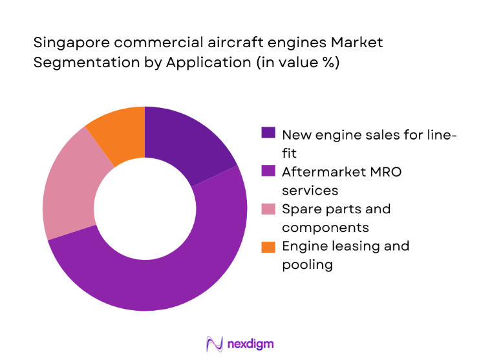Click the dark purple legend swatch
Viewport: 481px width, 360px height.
pyautogui.click(x=268, y=133)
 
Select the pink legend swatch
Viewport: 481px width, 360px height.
pyautogui.click(x=268, y=209)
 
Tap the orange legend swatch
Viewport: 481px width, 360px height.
pyautogui.click(x=268, y=246)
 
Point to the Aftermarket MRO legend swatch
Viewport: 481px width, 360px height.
pyautogui.click(x=268, y=171)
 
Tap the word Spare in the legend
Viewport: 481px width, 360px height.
pyautogui.click(x=301, y=209)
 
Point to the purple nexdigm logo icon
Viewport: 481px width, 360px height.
pyautogui.click(x=214, y=343)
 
